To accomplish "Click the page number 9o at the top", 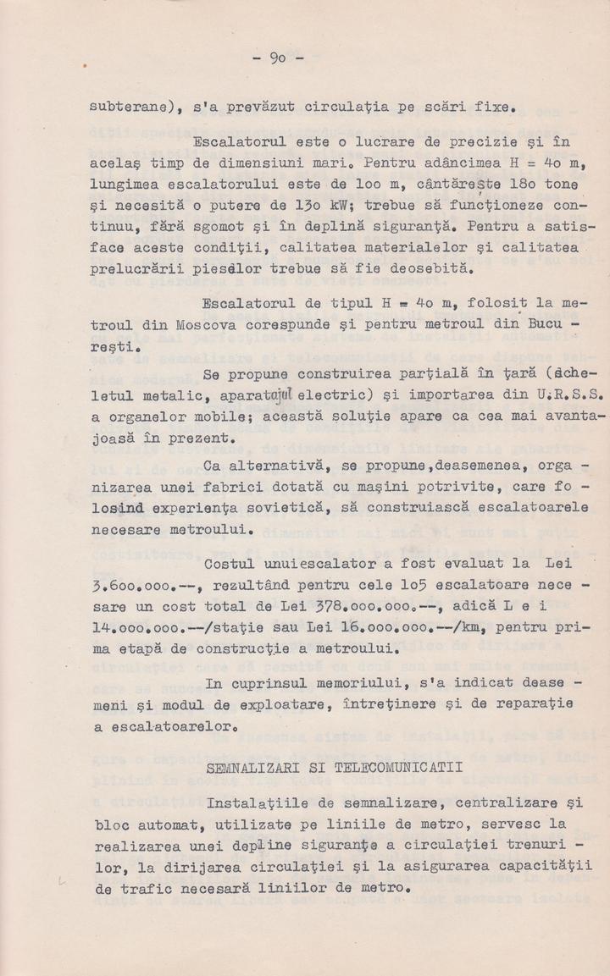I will pos(280,58).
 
